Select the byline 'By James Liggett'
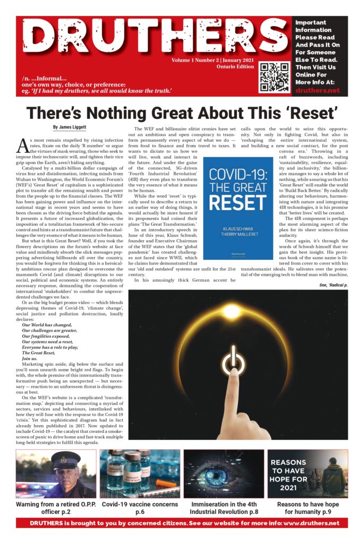(x=71, y=127)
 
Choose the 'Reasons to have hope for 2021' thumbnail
(x=307, y=473)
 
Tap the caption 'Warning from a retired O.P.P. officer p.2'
(x=56, y=507)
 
